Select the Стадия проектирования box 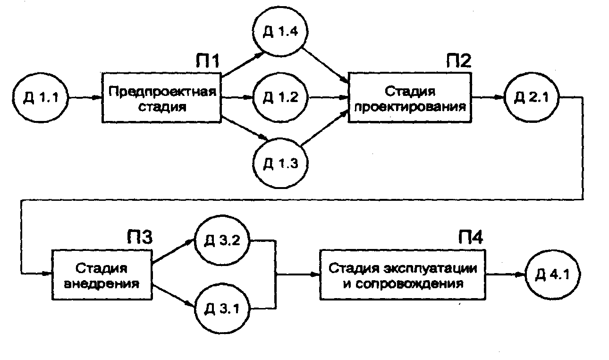409,97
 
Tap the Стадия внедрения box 101,275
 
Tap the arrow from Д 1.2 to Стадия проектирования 328,98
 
